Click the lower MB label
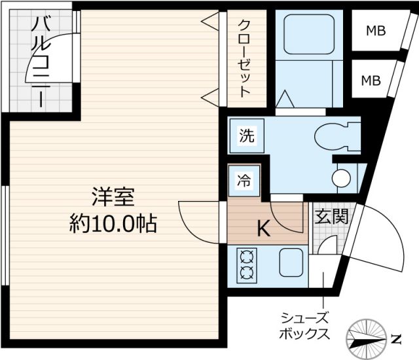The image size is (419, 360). click(371, 81)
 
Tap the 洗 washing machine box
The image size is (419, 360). click(246, 137)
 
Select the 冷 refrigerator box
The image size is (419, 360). click(244, 181)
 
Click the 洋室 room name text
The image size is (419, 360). click(112, 196)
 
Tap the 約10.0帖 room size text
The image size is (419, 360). click(112, 224)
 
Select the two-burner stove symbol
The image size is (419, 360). click(247, 264)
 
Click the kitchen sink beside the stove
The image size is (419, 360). click(291, 264)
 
